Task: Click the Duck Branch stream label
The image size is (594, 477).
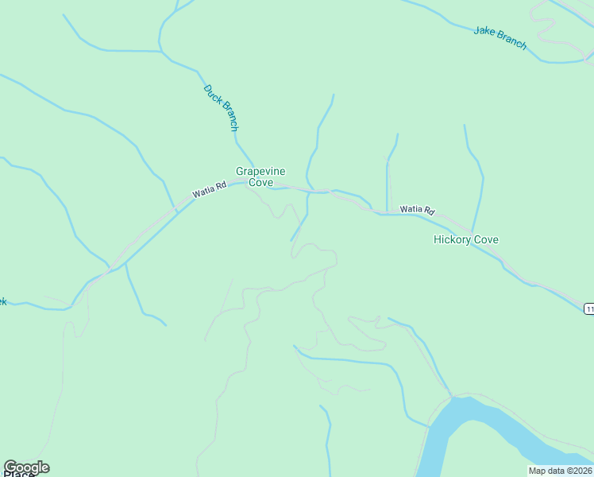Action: [x=221, y=107]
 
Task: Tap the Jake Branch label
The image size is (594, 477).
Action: [x=500, y=37]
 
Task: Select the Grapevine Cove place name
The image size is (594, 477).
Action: [x=260, y=176]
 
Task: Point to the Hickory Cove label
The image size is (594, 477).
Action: [x=466, y=239]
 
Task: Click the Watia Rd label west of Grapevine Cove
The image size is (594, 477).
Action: [x=210, y=189]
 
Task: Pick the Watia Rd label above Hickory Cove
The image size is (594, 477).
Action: [x=417, y=210]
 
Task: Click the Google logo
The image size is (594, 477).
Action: [x=26, y=467]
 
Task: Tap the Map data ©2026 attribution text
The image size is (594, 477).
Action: [x=560, y=471]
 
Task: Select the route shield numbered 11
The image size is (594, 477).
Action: [x=589, y=308]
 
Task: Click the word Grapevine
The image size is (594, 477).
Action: [x=260, y=171]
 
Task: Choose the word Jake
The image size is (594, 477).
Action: [x=484, y=31]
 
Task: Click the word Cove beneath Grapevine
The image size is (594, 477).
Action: [x=260, y=183]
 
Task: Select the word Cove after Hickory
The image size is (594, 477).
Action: [x=485, y=239]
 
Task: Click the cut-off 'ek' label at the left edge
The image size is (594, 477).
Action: [x=2, y=301]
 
